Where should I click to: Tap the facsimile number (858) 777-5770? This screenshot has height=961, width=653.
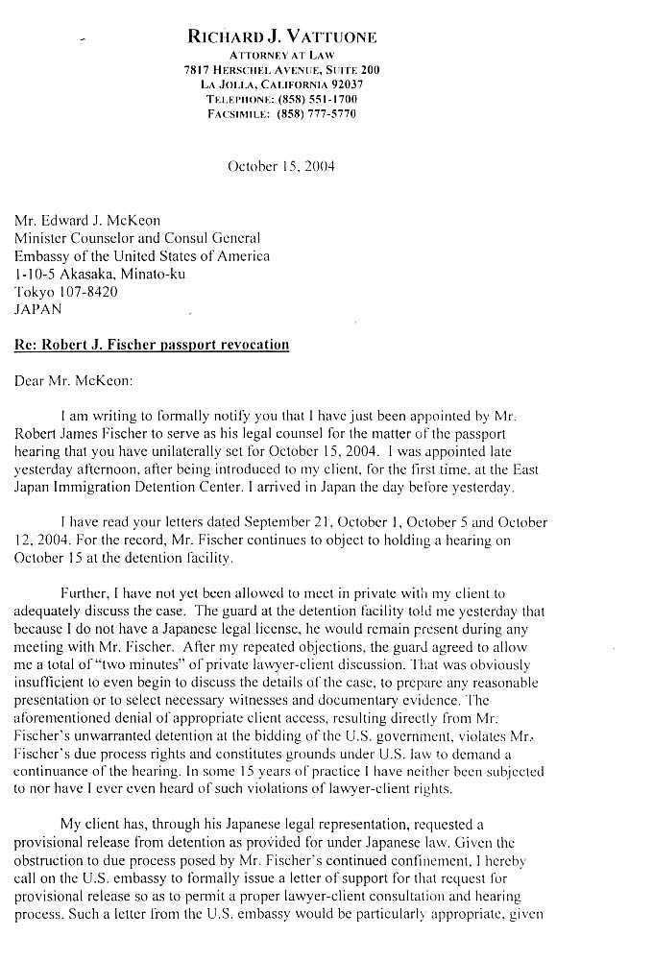(316, 113)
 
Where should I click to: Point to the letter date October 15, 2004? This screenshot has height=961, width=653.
(280, 166)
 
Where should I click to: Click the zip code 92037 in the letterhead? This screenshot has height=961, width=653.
(338, 84)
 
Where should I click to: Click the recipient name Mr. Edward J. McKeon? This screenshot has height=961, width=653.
(87, 221)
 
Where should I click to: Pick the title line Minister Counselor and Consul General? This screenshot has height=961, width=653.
(136, 238)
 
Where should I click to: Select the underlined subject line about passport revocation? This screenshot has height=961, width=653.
(152, 345)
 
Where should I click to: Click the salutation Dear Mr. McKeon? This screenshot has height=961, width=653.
(74, 379)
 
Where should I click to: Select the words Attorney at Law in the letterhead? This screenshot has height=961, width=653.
(281, 56)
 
